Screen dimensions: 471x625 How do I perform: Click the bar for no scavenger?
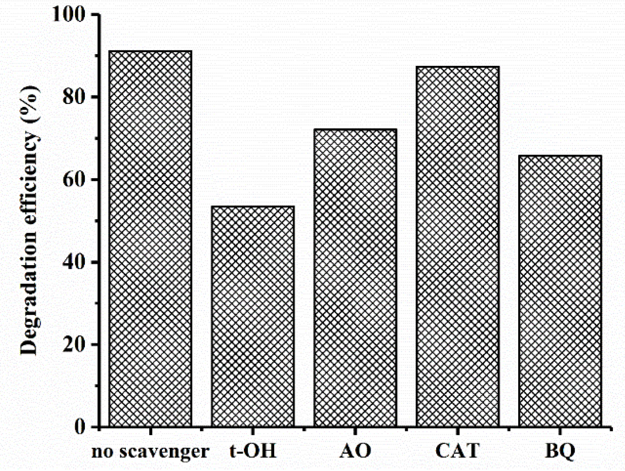[x=150, y=239]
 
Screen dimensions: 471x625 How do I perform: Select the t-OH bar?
[x=253, y=316]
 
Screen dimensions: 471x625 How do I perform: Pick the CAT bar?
[x=458, y=247]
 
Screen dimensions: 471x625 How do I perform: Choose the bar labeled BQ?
[x=560, y=291]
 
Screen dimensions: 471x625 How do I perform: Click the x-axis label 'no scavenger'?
[x=150, y=451]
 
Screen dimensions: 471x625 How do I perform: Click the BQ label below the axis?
[x=560, y=451]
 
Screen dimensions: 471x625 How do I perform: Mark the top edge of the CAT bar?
[x=458, y=67]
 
